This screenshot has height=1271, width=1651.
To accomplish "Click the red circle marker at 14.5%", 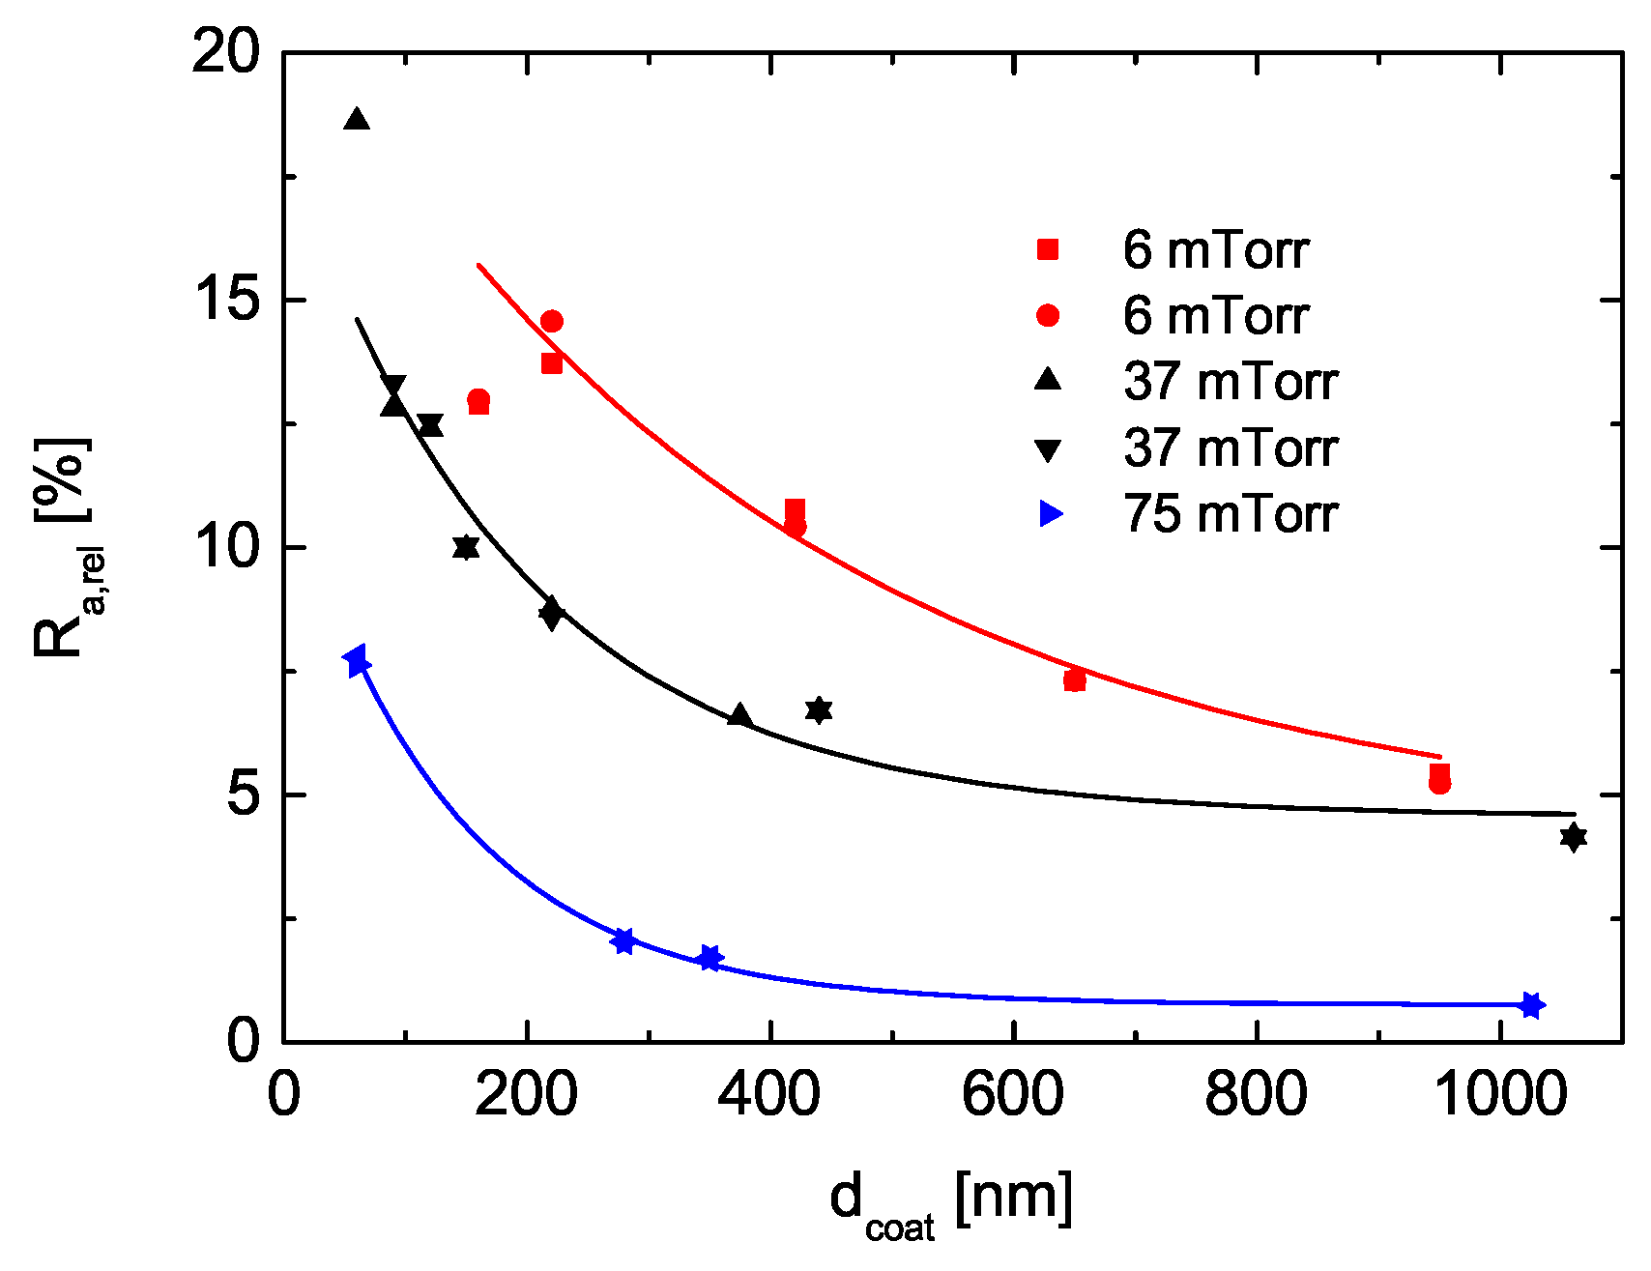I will [x=552, y=321].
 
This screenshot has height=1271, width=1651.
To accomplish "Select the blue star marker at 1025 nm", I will [x=1531, y=1005].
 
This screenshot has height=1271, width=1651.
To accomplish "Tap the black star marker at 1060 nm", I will [x=1574, y=837].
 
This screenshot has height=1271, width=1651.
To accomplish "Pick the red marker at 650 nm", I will [x=1075, y=680].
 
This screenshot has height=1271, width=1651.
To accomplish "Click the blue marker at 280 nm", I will [x=624, y=941].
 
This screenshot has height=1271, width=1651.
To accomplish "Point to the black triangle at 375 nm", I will [x=740, y=715].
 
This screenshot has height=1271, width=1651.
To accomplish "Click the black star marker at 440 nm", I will [x=819, y=710].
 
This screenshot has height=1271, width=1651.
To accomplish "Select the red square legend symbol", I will [x=1048, y=250].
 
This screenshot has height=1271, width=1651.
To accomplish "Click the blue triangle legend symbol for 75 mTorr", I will [x=1050, y=514].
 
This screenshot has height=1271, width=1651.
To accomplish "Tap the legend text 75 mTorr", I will [x=1230, y=514].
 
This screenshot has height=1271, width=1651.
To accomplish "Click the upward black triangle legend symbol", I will [x=1048, y=381].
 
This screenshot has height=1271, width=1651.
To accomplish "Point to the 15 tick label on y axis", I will [x=226, y=301].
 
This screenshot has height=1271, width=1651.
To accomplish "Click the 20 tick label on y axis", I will [x=226, y=52].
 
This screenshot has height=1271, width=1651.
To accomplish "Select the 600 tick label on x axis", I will [x=1013, y=1095].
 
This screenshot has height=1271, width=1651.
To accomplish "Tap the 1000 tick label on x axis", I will [x=1499, y=1095].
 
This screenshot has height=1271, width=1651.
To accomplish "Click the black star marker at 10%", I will [x=466, y=547].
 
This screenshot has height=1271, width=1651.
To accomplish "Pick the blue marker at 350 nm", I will [x=710, y=958].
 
